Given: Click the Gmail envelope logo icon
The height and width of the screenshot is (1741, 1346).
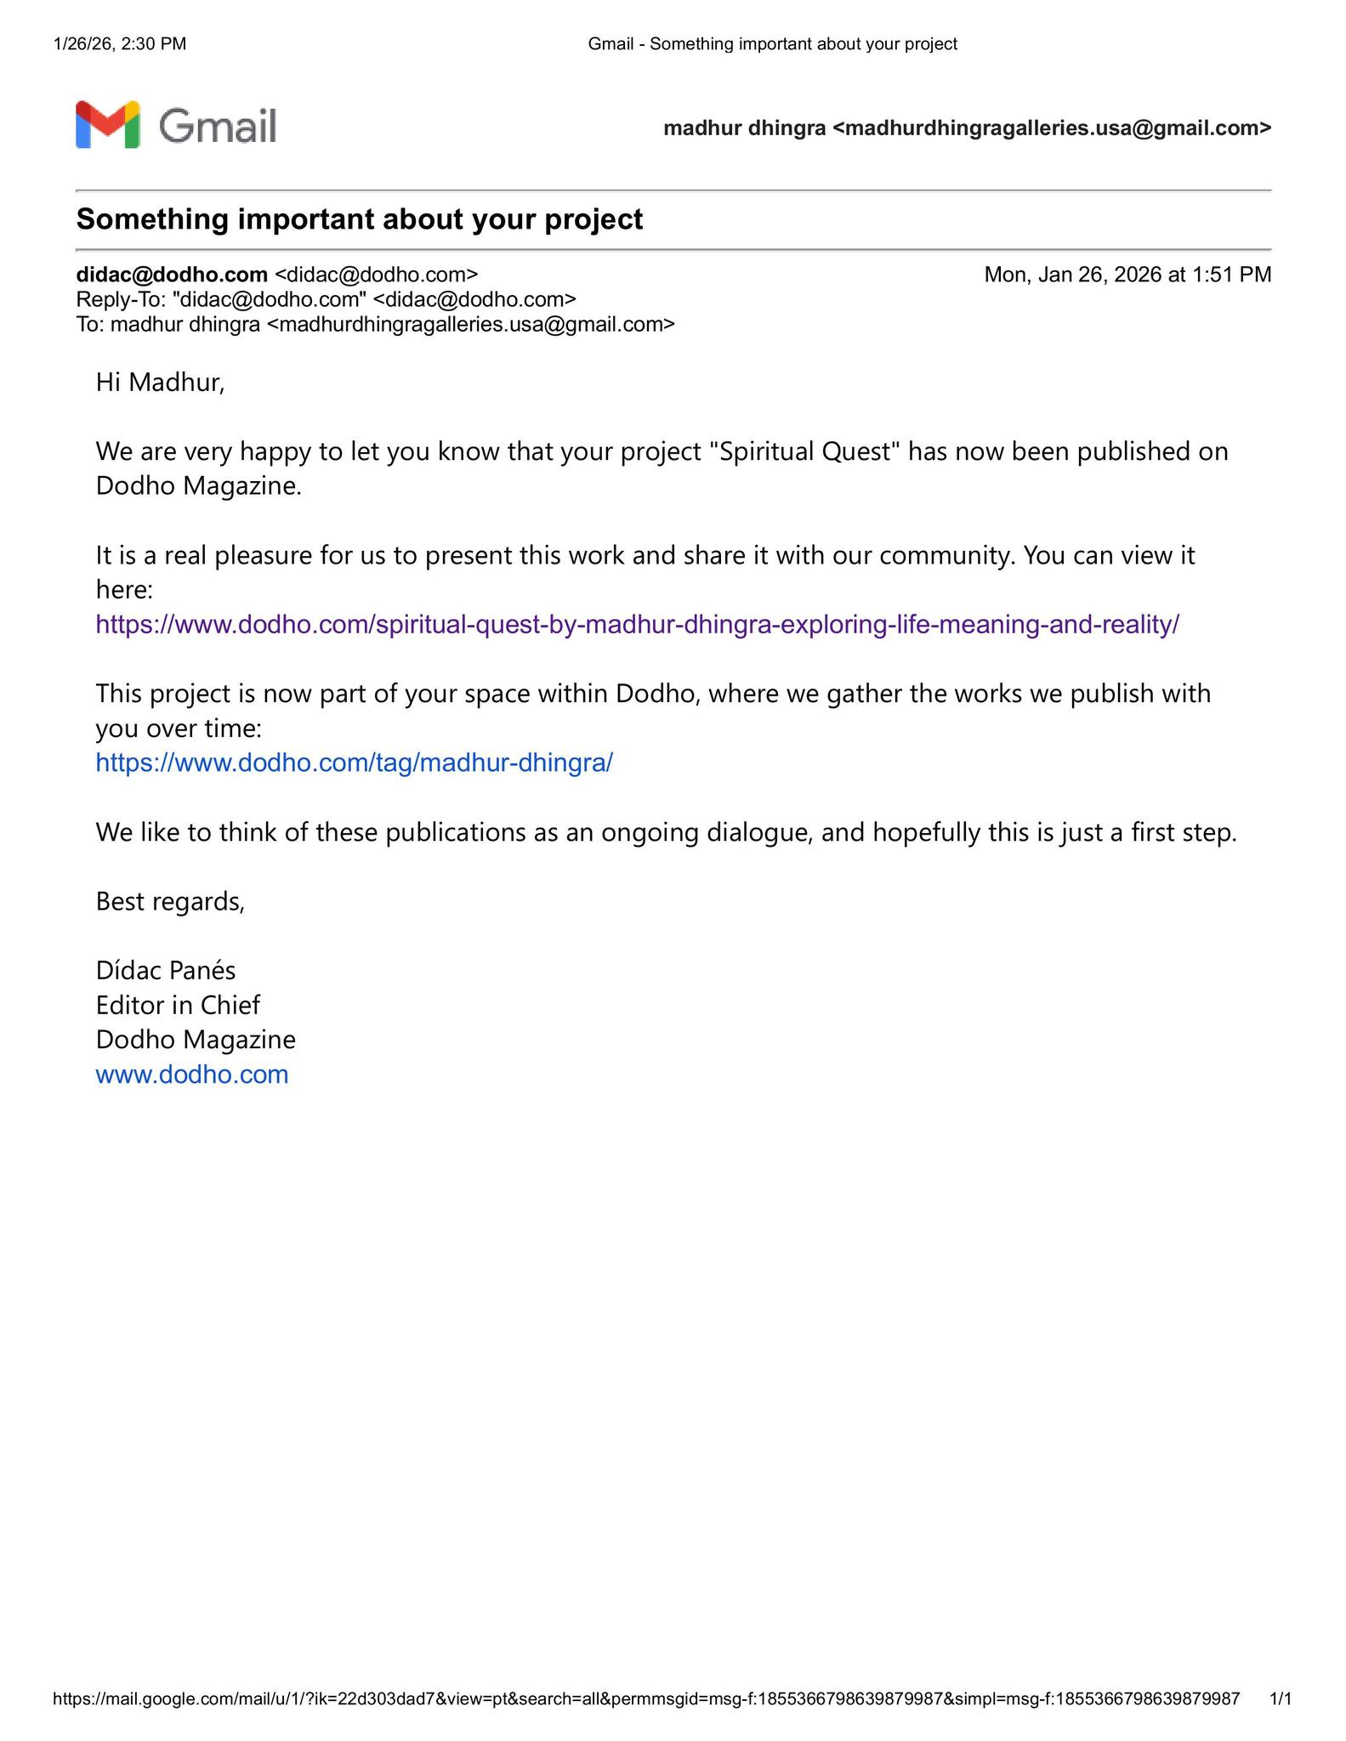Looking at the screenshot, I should coord(107,125).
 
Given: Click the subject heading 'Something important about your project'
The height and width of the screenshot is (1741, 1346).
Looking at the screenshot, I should coord(360,219).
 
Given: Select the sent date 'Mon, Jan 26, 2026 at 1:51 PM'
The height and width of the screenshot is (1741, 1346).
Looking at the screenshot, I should coord(1127,275).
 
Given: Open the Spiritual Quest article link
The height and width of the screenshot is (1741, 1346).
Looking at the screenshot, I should coord(637,625).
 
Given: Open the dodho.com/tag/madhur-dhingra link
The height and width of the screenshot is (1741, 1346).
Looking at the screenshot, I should coord(354,763).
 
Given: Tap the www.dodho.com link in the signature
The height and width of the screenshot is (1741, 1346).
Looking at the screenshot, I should coord(192,1075).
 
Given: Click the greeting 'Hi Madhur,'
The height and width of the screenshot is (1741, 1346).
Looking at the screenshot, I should coord(160,383).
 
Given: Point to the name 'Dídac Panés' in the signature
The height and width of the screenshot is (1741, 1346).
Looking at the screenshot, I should coord(166,970).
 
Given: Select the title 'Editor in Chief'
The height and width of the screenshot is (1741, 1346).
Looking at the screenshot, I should coord(178,1005).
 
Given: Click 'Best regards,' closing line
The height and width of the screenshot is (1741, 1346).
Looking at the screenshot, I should coord(170,901).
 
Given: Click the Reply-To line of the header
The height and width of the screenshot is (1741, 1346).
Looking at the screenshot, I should coord(326,299).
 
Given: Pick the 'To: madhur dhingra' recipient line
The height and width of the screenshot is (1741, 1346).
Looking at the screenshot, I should coord(375,324).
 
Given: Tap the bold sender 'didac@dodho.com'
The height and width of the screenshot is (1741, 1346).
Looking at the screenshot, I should coord(172,275).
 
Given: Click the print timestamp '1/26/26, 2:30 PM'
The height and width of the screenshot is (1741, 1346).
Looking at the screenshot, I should coord(120,44).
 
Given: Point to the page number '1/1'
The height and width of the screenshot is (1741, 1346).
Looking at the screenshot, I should coord(1280,1699).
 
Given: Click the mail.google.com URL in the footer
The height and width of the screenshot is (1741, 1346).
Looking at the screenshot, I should coord(646,1699).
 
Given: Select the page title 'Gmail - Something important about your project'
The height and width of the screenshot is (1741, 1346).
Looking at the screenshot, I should coord(772,44).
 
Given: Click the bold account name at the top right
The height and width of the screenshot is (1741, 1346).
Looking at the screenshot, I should coord(967,128).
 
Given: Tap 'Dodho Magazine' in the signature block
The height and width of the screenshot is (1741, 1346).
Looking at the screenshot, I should coord(196,1040).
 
